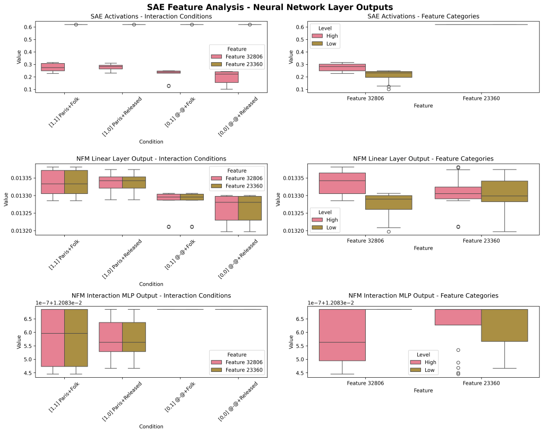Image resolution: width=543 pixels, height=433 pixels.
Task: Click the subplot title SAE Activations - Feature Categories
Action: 423,16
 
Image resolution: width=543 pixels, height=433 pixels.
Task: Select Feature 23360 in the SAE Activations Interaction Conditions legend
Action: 244,64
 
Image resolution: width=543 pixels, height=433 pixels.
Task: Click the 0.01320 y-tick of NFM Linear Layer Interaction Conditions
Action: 21,231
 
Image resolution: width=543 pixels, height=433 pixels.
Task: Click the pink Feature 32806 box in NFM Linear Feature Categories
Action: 342,183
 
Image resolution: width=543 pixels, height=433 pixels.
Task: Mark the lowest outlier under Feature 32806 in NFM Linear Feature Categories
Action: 389,232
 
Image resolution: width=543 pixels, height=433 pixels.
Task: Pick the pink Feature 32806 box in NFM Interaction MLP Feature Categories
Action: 342,335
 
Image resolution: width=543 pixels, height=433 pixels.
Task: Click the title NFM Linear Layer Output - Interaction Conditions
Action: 151,159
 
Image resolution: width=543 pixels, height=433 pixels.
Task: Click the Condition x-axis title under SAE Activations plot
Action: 151,142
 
